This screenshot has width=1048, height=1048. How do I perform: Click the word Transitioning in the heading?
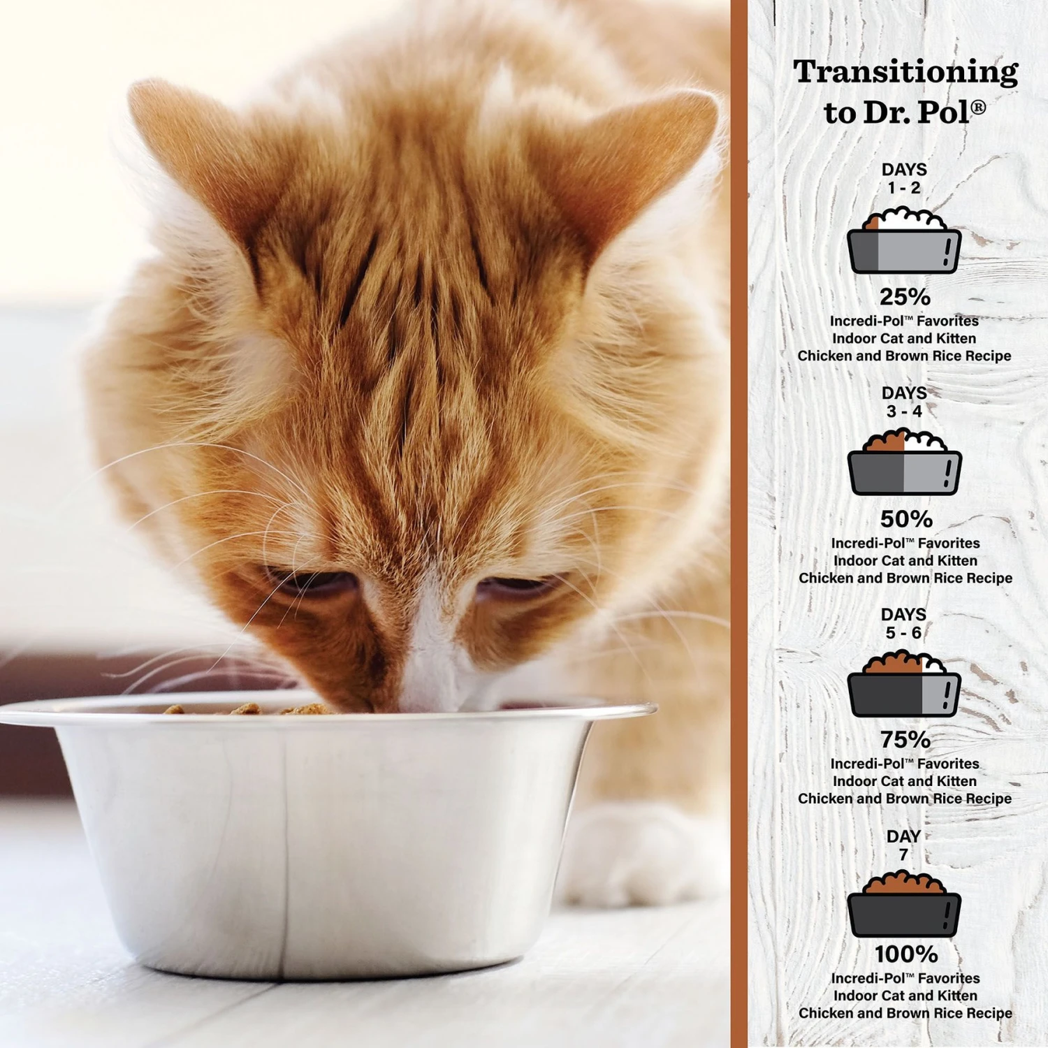[x=905, y=73]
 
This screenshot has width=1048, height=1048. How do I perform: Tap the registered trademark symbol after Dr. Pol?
[x=978, y=107]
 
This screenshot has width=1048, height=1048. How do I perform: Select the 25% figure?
[x=905, y=297]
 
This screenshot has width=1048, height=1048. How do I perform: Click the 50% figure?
[x=906, y=519]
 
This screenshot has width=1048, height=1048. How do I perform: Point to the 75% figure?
[x=905, y=739]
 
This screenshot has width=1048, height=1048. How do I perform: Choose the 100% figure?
[x=906, y=954]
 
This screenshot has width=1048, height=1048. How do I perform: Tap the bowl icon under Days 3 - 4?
[x=904, y=464]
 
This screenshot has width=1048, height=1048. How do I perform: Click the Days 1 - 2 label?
[x=904, y=179]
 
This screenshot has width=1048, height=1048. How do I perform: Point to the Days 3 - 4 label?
[x=904, y=402]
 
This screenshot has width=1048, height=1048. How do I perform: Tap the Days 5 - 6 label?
[x=903, y=623]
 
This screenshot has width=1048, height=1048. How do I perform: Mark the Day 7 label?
[x=903, y=845]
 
